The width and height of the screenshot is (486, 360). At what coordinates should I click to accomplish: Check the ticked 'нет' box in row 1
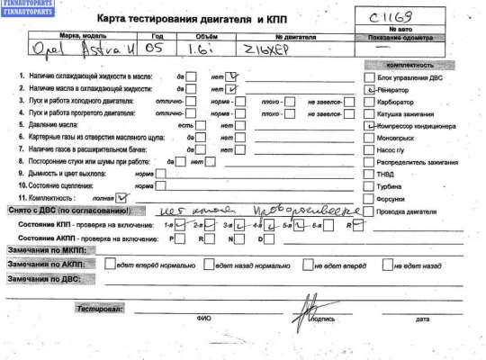point(233,76)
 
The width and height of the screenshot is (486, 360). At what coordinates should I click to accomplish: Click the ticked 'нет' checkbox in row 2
point(233,89)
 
